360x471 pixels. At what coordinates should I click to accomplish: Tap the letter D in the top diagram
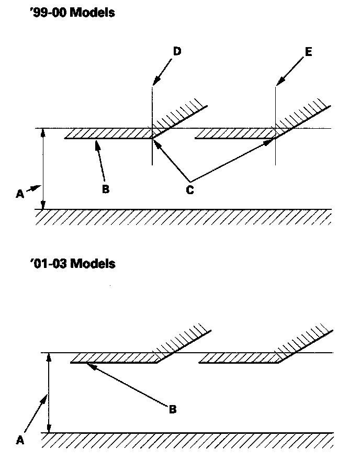177,51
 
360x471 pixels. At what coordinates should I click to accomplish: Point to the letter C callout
190,190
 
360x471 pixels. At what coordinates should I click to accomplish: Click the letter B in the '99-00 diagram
105,189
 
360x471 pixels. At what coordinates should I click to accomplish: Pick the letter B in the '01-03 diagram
173,409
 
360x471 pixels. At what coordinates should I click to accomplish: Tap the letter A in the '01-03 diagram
20,441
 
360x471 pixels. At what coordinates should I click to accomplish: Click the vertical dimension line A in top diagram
43,167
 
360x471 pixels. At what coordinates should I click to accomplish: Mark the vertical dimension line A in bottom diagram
48,392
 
